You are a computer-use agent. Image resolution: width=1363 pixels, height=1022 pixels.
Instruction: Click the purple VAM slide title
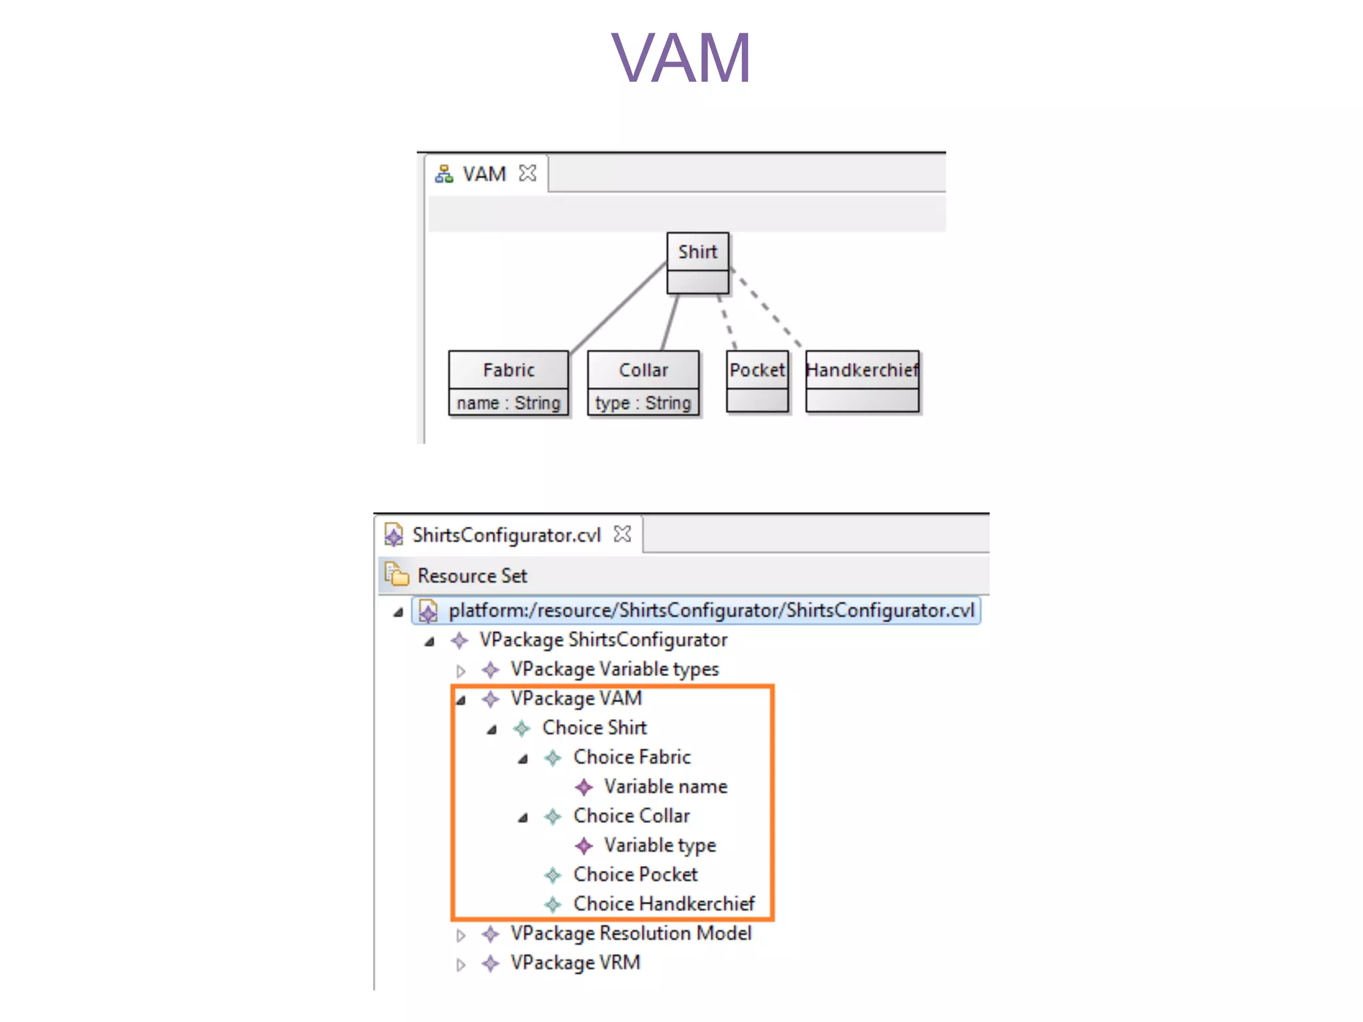[681, 59]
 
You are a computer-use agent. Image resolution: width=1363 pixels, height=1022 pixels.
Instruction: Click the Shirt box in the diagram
[697, 252]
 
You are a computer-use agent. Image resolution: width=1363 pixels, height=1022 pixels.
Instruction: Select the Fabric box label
[508, 370]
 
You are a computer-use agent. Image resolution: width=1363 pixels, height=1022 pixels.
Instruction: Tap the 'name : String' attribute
[508, 403]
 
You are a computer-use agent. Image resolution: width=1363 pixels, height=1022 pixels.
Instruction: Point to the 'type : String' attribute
[643, 403]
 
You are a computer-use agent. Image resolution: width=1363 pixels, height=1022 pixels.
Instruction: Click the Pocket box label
[757, 370]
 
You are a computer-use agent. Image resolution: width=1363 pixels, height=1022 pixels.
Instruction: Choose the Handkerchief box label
[862, 370]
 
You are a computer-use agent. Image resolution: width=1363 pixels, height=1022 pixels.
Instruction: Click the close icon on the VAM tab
[528, 173]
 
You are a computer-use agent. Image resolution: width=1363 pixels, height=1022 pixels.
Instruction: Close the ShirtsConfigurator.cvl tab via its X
[622, 534]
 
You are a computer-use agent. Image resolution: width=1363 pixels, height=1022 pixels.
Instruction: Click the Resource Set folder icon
[397, 574]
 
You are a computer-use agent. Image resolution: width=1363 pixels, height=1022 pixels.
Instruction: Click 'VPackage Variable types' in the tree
[614, 669]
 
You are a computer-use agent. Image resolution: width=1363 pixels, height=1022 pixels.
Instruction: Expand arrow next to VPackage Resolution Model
[461, 935]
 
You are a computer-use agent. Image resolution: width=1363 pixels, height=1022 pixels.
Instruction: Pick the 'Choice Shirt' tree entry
[594, 727]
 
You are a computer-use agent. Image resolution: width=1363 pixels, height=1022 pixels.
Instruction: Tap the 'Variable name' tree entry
[665, 786]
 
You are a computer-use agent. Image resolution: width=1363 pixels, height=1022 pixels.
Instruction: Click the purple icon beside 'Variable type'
[584, 846]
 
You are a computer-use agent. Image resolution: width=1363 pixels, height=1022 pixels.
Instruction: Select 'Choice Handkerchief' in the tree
[664, 904]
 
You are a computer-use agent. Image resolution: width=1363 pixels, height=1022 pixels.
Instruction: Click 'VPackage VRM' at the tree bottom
[575, 963]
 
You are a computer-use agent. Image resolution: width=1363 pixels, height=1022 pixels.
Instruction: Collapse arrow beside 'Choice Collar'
[523, 817]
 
